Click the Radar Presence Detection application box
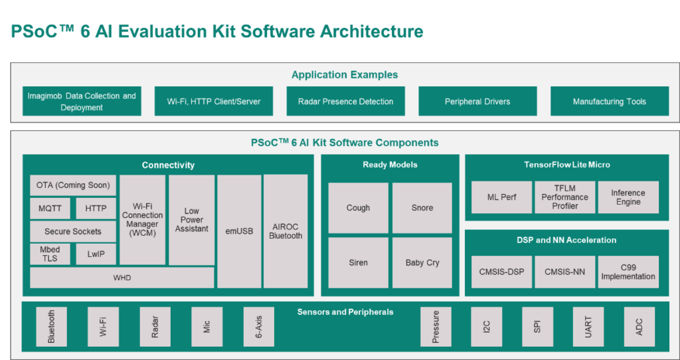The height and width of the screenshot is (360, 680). coord(345,102)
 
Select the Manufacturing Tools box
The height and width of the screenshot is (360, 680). coord(609,102)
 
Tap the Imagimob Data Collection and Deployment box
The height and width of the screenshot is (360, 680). coord(82,102)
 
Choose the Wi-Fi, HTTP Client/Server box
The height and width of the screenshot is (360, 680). coord(214,102)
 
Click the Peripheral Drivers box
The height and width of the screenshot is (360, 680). coord(477,102)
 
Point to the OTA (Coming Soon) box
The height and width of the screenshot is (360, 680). coord(73,185)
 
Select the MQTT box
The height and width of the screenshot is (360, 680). coord(50,209)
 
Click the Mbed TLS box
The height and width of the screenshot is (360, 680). coord(50,254)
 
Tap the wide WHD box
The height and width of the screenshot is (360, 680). coord(122,278)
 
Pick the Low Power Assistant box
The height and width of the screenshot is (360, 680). coord(191,220)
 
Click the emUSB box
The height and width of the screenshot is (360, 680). coord(239,231)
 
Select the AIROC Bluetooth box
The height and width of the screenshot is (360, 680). coord(286,231)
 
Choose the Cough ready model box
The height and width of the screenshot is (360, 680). coord(358,208)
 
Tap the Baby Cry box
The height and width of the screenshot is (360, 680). coord(422,262)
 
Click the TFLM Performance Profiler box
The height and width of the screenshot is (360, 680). coord(564,197)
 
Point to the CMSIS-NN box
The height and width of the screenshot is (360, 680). coord(564,272)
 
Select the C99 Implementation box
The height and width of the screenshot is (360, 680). coord(628,272)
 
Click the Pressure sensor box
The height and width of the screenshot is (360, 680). coord(436,327)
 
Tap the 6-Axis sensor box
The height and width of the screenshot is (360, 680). coord(258,327)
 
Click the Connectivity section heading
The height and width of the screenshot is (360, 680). coord(168,165)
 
